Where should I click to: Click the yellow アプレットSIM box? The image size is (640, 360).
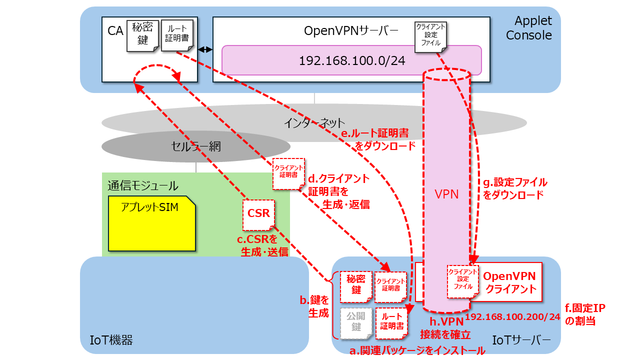tap(152, 223)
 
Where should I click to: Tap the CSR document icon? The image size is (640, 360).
tap(258, 215)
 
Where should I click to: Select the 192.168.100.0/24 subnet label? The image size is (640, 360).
tap(352, 60)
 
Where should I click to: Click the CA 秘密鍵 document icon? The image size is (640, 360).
tap(142, 35)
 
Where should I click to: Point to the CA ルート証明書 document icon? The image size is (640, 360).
tap(177, 35)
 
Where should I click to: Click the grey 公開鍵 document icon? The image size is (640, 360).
tap(356, 323)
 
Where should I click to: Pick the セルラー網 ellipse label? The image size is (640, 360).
tap(196, 146)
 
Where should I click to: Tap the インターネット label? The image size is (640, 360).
tap(314, 123)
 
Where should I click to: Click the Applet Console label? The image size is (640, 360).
tap(529, 28)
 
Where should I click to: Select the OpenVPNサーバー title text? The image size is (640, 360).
tap(351, 31)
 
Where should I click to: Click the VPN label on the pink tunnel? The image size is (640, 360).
tap(446, 194)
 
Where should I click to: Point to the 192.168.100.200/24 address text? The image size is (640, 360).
tap(512, 316)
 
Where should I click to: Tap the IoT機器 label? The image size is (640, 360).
tap(111, 340)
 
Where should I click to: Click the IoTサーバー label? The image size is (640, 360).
tap(521, 340)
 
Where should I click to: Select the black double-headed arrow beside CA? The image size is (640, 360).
tap(205, 49)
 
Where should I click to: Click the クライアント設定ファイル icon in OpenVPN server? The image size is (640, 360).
tap(430, 37)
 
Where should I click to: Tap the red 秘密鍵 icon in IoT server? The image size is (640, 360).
tap(356, 287)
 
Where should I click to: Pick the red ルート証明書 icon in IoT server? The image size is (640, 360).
tap(391, 323)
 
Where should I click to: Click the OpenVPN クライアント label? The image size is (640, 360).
tap(510, 282)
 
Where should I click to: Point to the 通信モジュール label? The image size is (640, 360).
tap(143, 185)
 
